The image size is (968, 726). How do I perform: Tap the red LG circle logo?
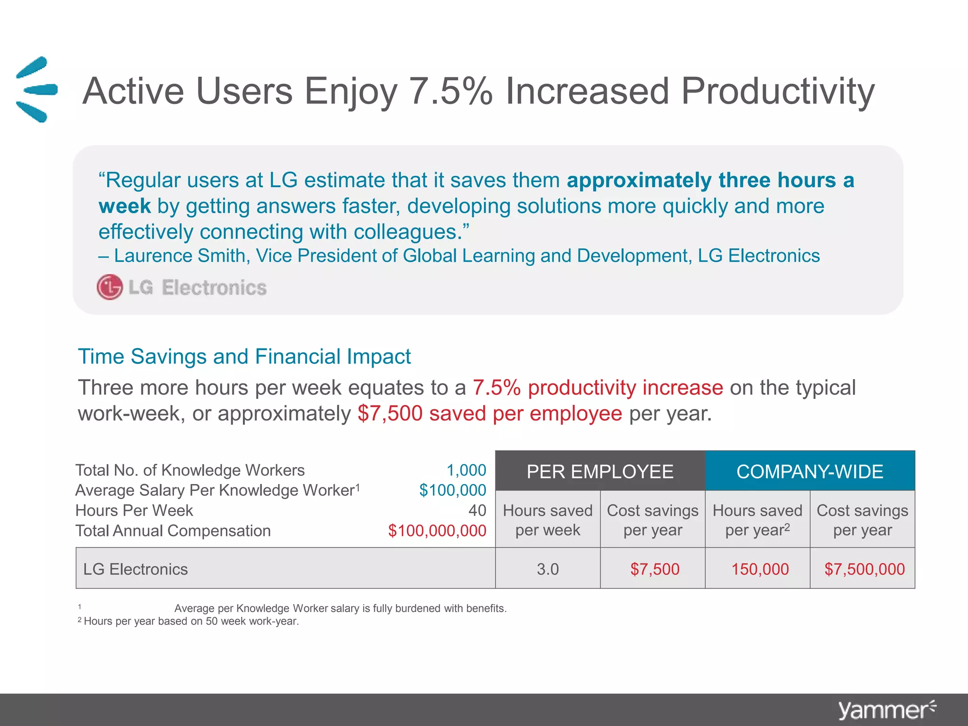tap(110, 287)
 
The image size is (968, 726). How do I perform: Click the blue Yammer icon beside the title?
tap(36, 89)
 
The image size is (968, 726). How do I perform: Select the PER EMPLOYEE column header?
tap(600, 471)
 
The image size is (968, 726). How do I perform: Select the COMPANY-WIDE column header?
tap(810, 471)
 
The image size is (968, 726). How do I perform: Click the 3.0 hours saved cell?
tap(547, 569)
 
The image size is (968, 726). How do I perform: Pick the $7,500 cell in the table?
tap(654, 569)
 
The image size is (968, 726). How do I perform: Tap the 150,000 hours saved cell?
tap(760, 569)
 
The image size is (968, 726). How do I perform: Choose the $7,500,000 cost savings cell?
tap(864, 569)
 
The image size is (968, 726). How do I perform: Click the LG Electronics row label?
tap(136, 569)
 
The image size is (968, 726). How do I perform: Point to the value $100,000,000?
tap(437, 530)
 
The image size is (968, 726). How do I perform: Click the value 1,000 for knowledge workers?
tap(466, 470)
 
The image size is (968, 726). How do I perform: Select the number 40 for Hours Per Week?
tap(477, 510)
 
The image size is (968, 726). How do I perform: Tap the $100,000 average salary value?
tap(452, 490)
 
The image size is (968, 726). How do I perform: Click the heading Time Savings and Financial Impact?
tap(244, 356)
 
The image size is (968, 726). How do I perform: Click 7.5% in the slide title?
tap(450, 91)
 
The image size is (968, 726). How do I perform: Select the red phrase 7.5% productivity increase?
tap(597, 388)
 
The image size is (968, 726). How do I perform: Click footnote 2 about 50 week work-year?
tap(189, 621)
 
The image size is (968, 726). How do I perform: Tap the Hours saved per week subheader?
tap(547, 520)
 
